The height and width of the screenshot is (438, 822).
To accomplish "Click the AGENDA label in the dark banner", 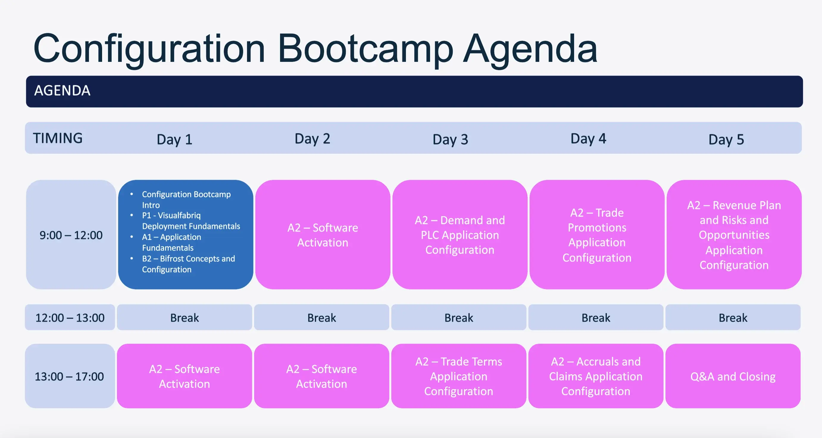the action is point(62,90).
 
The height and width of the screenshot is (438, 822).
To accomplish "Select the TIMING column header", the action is point(58,138).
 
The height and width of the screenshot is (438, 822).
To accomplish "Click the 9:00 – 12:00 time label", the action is point(71,235).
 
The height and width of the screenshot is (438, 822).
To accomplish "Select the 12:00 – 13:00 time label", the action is point(70,317).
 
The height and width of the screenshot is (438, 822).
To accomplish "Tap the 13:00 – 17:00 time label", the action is point(70,376).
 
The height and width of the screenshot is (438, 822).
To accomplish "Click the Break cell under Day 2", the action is point(322,317).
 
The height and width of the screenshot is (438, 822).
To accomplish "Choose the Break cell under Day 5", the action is point(733,317).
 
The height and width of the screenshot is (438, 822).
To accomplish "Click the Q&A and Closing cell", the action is point(733,376).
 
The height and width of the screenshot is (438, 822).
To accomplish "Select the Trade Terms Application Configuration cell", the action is point(459,376).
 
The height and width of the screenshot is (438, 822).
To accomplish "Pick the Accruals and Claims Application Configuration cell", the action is point(596,376).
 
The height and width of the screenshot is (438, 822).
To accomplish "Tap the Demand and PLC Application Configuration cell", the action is point(460,235).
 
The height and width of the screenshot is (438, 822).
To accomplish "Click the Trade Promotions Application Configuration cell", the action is point(597,235).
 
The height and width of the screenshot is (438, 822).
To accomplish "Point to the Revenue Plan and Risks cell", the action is point(734,235).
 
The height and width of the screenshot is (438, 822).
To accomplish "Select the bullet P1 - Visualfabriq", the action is point(171,216).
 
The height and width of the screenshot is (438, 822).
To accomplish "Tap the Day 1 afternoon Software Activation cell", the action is point(185,376).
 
